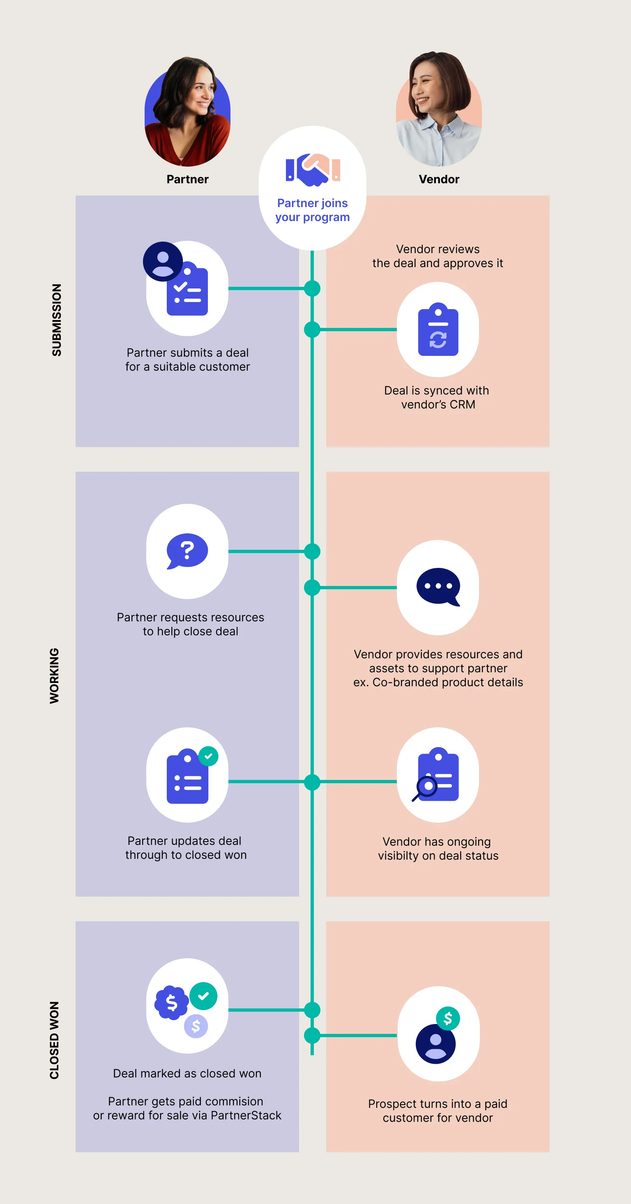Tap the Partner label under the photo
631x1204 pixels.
(187, 180)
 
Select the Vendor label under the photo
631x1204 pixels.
(439, 180)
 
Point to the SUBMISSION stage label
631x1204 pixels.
(57, 320)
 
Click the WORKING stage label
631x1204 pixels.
(55, 676)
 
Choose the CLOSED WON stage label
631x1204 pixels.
(55, 1040)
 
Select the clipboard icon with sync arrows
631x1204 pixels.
(438, 330)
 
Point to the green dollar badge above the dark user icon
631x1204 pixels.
(448, 1018)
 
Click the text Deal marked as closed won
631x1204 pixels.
(187, 1073)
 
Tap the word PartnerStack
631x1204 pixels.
(246, 1115)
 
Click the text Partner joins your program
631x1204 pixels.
(312, 210)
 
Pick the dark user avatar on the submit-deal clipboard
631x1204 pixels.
(163, 261)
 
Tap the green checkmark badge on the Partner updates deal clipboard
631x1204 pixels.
(208, 756)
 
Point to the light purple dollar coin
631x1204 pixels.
(196, 1026)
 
